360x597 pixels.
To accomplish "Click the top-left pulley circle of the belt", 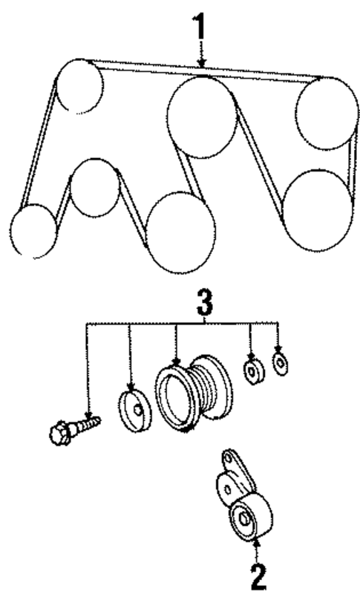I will coord(79,85).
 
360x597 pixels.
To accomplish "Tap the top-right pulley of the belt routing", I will coord(323,112).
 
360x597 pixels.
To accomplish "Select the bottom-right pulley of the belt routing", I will coord(317,209).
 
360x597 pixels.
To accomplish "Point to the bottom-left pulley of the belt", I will coord(33,230).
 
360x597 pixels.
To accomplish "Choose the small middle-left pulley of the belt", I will coord(95,187).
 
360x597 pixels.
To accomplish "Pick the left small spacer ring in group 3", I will coord(253,370).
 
